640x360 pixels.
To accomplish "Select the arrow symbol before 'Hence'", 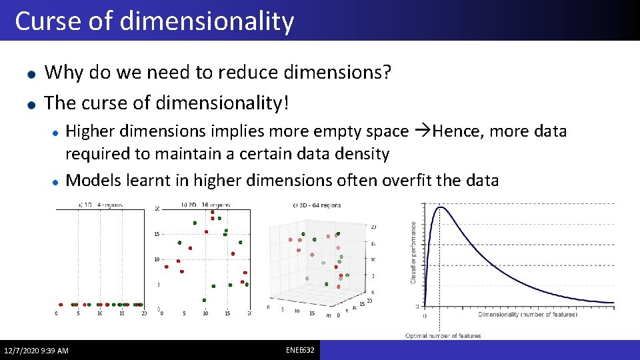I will tap(422, 131).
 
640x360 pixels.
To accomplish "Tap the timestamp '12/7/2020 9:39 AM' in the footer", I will tap(36, 351).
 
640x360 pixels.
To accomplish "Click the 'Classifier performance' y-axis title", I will tap(413, 253).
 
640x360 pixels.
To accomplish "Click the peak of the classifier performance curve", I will tap(439, 208).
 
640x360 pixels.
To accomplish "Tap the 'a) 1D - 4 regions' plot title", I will tap(100, 205).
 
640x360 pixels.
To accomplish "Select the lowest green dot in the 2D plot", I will tap(204, 300).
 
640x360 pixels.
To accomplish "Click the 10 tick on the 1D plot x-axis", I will tap(100, 313).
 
